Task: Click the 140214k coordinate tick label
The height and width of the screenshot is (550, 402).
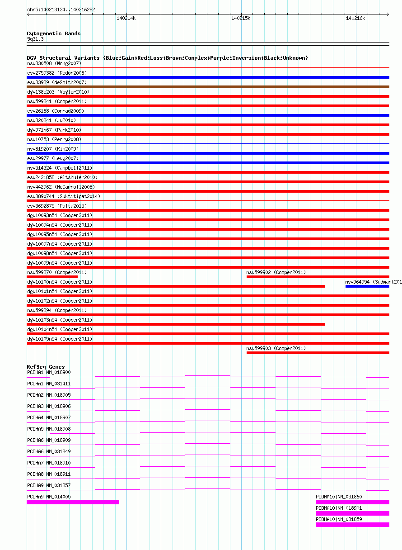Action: (126, 18)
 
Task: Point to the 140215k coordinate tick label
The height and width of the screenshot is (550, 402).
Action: (241, 18)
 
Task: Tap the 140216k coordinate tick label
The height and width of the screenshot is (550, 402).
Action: (355, 18)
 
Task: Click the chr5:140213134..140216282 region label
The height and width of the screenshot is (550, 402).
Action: (61, 9)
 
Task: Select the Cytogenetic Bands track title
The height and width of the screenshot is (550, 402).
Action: (54, 33)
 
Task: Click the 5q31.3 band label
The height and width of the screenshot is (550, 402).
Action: (35, 39)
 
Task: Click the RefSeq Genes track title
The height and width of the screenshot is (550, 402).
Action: (46, 367)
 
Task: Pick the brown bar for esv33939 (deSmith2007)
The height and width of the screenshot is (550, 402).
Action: (208, 87)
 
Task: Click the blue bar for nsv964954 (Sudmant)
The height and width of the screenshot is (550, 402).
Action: (367, 286)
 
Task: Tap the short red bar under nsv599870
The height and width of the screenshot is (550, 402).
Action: (52, 277)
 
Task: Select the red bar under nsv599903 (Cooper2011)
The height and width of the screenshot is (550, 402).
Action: (318, 353)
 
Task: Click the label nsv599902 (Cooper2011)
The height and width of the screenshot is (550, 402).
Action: (276, 272)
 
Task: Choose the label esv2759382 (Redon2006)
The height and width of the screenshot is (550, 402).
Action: (57, 73)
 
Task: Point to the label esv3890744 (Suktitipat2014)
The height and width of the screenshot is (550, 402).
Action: (64, 196)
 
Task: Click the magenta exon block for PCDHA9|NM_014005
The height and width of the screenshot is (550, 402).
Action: (73, 502)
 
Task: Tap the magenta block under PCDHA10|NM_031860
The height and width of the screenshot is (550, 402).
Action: (352, 502)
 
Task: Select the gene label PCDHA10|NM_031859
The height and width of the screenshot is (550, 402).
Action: (339, 519)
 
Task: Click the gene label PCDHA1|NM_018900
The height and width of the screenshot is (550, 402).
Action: (49, 372)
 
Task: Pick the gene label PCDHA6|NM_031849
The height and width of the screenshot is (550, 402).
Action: (49, 451)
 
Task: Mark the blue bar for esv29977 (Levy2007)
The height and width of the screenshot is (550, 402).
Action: (208, 163)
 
